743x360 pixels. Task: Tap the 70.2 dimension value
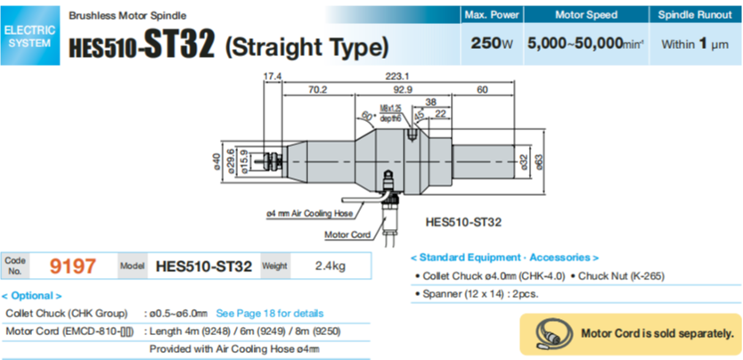tap(317, 90)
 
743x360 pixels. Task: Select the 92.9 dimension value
tap(404, 90)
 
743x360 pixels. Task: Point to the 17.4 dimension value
tap(273, 76)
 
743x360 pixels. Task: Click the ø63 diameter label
tap(538, 160)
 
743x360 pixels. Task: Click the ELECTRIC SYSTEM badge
tap(29, 37)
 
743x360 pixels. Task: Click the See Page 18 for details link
tap(270, 314)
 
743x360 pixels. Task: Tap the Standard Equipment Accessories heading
tap(504, 257)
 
